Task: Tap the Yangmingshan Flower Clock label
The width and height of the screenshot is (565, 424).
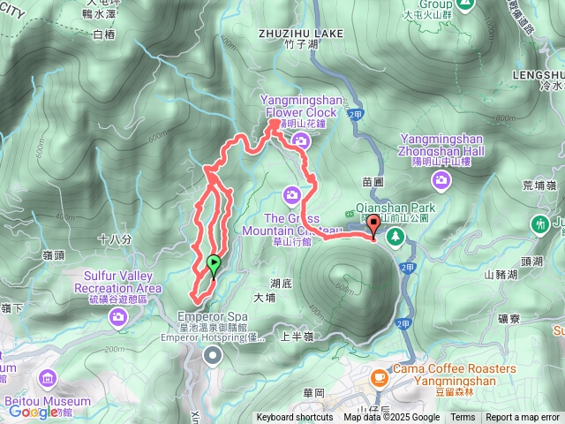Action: coord(298,107)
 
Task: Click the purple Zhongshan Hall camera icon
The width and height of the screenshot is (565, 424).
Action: coord(441,180)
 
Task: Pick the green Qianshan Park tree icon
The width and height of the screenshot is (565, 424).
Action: coord(395,236)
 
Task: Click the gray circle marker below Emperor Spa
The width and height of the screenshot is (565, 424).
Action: coord(213,355)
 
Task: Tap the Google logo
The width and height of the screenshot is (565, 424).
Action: coord(34,412)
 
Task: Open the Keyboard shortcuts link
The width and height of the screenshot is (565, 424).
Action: coord(295,418)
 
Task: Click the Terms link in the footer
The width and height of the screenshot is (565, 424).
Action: coord(463,418)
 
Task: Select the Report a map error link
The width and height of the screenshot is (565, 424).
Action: coord(523,418)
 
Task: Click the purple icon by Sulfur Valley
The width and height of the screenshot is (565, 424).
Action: coord(118,315)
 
